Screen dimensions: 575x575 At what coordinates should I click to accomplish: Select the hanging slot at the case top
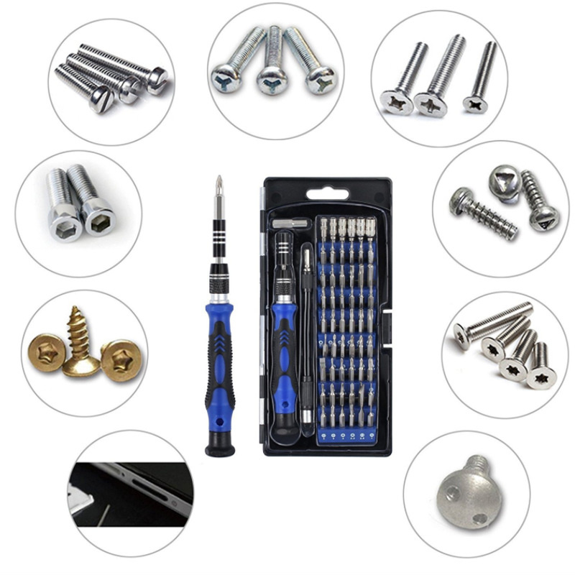tap(328, 193)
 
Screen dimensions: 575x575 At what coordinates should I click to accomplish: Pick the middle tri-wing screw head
tap(271, 80)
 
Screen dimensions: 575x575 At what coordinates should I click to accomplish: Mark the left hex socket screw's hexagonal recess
tap(65, 226)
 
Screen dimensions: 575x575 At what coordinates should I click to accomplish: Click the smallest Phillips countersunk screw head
tap(475, 104)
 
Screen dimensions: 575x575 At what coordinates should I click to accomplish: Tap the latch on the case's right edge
tap(389, 323)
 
